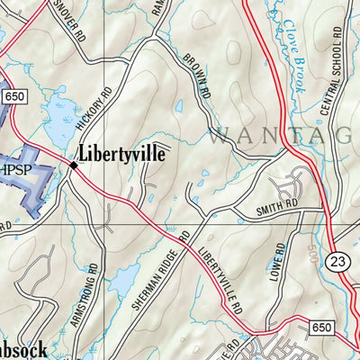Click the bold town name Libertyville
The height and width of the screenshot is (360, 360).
pyautogui.click(x=122, y=153)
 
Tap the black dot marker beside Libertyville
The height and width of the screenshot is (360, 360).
pyautogui.click(x=73, y=165)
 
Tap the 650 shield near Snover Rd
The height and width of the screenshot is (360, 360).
pyautogui.click(x=14, y=95)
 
